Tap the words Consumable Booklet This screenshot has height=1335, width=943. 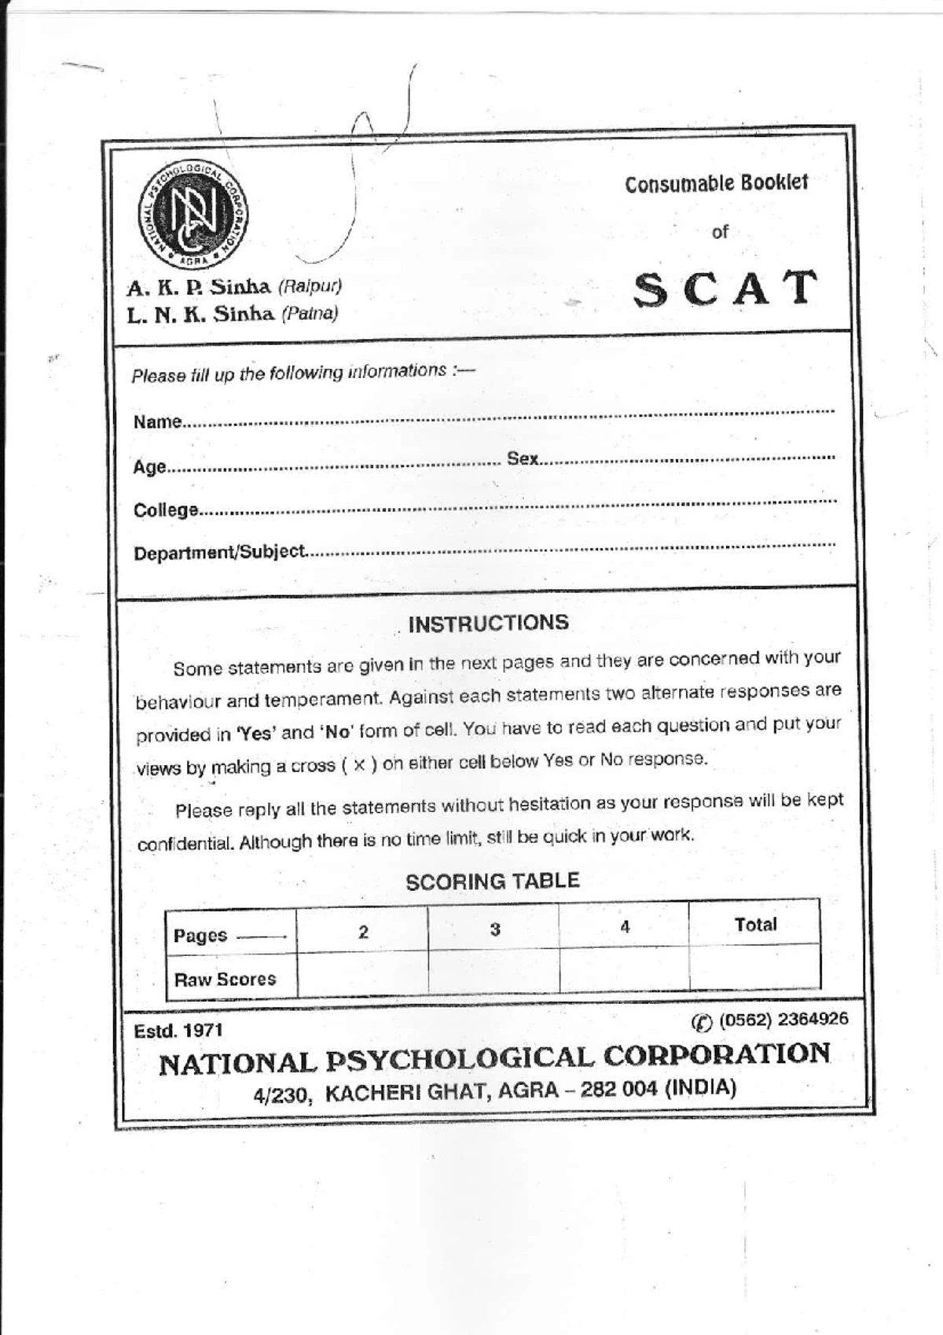point(716,184)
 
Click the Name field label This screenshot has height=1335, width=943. point(157,422)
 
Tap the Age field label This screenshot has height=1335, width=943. point(149,467)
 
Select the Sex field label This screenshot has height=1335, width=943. point(523,458)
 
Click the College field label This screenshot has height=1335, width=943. point(166,510)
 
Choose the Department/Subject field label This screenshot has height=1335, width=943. point(219,553)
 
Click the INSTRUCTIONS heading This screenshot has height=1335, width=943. point(488,623)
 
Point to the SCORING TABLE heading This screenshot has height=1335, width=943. point(492,881)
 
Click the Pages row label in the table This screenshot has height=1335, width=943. point(200,936)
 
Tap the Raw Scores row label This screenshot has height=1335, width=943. point(225,980)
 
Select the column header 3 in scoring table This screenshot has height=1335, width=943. point(495,929)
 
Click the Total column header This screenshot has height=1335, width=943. point(755,925)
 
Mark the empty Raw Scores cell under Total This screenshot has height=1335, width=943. point(754,967)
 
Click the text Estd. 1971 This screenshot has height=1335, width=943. point(178,1031)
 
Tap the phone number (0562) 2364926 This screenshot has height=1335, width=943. point(783,1020)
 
